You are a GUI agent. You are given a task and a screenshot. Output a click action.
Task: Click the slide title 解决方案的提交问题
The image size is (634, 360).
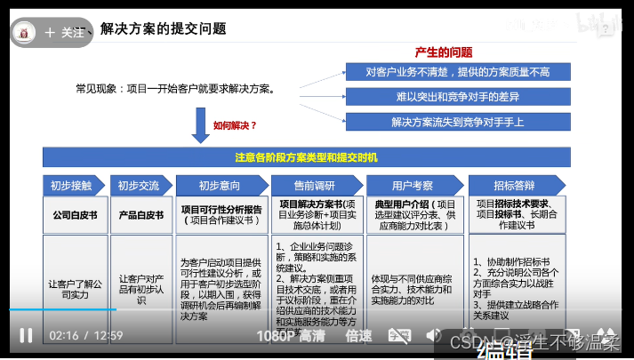tap(164, 29)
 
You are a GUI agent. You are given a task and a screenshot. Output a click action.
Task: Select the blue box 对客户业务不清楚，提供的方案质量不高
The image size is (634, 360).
tap(458, 72)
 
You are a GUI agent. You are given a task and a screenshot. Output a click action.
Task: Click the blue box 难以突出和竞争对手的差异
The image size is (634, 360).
tap(458, 97)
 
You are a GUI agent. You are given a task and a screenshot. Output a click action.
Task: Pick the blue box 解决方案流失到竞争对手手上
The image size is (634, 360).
tap(458, 121)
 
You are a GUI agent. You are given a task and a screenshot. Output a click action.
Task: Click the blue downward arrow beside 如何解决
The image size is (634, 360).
tap(200, 126)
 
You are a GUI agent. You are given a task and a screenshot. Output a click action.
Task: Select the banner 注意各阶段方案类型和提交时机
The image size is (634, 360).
tap(306, 157)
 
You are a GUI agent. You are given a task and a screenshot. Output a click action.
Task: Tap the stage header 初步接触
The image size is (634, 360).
tap(72, 186)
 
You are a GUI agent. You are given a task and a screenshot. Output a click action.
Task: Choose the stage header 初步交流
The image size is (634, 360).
tap(140, 186)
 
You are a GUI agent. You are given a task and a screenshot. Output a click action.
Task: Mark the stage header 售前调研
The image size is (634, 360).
tap(317, 186)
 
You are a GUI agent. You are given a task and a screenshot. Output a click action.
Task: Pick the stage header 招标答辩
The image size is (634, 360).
tap(514, 186)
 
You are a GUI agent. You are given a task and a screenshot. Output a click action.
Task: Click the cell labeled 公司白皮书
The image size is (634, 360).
tap(74, 215)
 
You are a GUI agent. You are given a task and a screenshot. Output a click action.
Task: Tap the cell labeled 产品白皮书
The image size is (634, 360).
tap(140, 215)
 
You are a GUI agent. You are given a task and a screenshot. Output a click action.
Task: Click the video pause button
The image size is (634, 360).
tap(26, 335)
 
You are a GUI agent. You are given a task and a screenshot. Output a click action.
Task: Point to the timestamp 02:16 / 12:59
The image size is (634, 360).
tap(85, 336)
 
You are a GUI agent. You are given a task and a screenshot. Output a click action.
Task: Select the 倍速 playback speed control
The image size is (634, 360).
tap(358, 336)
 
